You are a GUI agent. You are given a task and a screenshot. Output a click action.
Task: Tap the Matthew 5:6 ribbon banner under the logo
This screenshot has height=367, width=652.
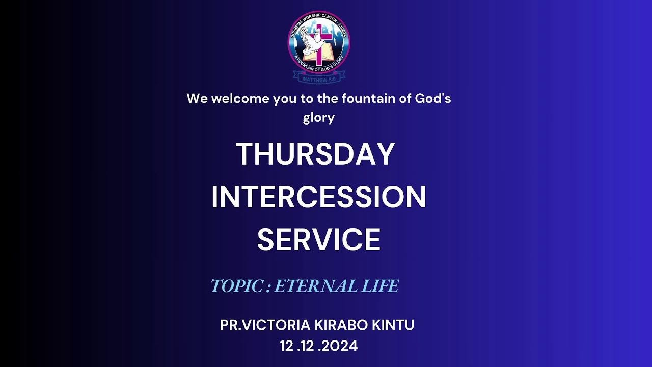(x=319, y=77)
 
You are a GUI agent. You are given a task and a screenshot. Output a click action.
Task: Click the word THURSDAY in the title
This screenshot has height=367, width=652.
(x=315, y=154)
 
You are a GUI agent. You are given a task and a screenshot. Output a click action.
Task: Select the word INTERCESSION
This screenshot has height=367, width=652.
(x=318, y=197)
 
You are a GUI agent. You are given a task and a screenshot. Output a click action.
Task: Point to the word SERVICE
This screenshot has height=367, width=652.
(x=318, y=240)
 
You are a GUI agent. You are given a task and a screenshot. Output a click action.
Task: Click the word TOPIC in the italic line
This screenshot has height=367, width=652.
(x=236, y=286)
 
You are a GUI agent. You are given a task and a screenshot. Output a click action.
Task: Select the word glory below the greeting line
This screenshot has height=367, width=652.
(x=319, y=118)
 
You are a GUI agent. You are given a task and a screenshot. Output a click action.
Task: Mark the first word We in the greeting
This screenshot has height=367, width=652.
(x=197, y=98)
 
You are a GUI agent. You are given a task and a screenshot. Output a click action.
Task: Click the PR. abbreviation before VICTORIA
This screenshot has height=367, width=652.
(x=232, y=325)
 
